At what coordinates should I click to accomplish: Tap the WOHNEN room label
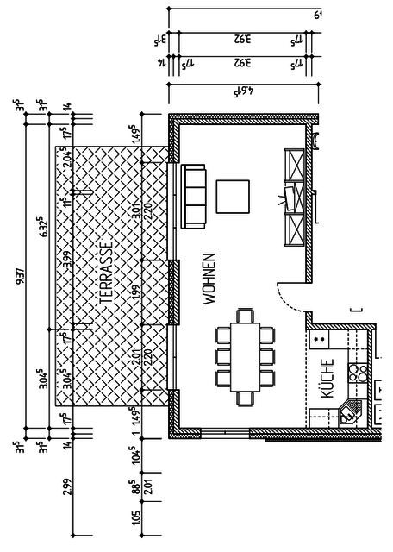coord(208,279)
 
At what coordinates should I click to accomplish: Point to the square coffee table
coord(232,196)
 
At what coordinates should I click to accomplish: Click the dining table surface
coord(244,354)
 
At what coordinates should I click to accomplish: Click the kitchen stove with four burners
coord(358,373)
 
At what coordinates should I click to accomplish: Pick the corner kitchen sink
coord(350,413)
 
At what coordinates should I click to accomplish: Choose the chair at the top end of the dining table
coord(244,315)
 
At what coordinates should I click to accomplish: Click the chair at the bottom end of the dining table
coord(244,396)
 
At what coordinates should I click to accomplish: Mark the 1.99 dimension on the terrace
coord(136,293)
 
